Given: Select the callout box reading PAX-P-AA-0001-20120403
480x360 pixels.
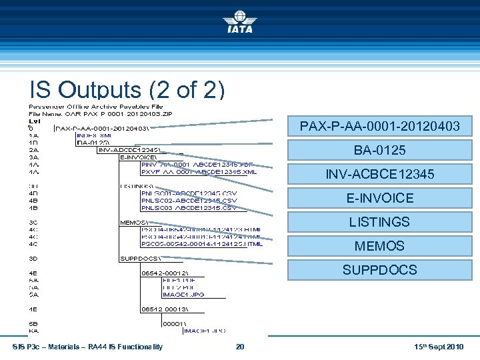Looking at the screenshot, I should pos(379,126).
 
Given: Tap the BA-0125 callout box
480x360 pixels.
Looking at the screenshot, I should pos(379,150).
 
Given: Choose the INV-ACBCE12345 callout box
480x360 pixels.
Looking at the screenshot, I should pos(379,174).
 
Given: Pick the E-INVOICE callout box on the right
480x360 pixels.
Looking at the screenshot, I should pos(379,198).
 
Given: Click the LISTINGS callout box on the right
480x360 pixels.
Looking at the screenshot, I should pos(379,222).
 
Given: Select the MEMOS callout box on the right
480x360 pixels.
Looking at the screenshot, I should pos(379,246).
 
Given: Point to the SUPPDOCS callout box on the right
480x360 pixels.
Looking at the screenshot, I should pos(379,270).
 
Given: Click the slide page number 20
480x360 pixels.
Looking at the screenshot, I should pos(240,347).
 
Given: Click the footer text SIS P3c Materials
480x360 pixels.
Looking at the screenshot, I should pos(87,347).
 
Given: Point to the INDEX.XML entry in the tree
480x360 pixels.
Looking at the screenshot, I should pos(93,135).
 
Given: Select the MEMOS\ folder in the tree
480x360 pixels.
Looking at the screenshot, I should pos(134,222).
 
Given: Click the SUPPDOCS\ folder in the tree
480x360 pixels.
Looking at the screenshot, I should pos(139,258).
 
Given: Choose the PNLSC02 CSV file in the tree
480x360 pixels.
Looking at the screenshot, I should pos(189,201).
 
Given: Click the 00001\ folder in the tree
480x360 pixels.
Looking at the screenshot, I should pos(175,323).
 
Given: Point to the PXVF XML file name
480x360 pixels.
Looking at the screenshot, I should pos(199,171).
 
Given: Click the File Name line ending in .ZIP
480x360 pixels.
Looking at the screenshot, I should pos(100,114).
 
